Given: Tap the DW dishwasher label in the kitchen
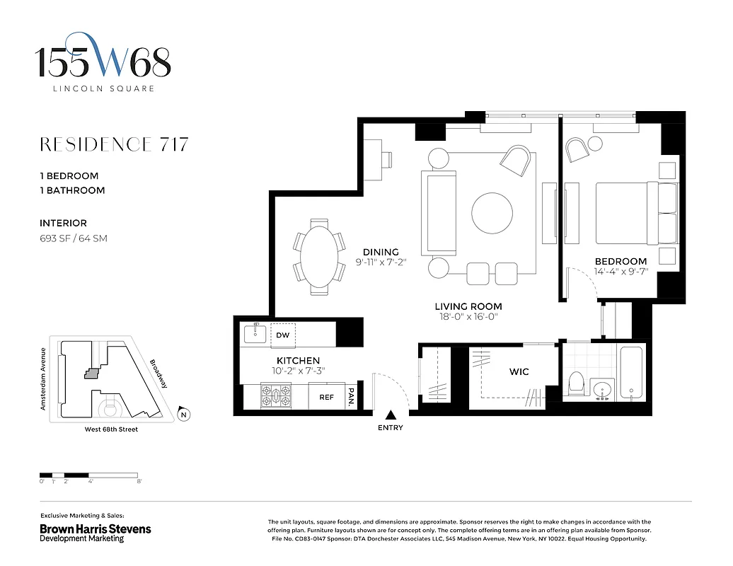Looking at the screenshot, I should (282, 335).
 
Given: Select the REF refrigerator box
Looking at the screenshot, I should (326, 397).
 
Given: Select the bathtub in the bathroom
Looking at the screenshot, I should (630, 373).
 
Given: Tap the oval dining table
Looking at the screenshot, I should (316, 255).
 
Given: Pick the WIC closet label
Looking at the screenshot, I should (519, 371).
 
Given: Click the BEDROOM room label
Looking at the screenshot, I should (621, 261).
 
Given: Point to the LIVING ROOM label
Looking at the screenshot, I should (468, 306).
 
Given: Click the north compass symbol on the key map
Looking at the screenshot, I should (183, 415).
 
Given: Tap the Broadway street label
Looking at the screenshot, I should (158, 374).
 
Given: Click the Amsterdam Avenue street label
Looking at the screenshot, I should (43, 379).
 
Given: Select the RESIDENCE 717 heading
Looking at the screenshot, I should (114, 145).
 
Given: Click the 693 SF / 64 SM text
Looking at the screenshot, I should (74, 238).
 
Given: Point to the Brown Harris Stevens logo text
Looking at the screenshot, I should (95, 529).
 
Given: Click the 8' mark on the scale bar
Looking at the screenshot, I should (139, 481).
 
